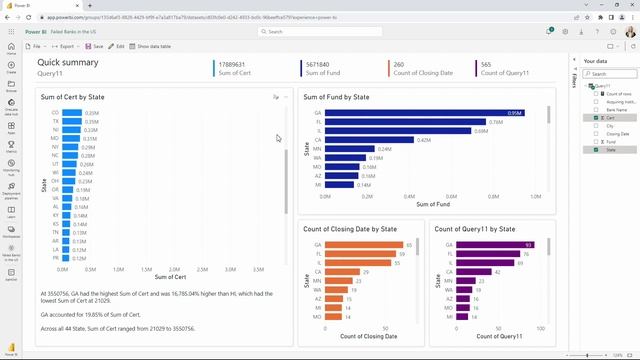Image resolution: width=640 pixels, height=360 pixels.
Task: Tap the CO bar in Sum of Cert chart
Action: pos(71,113)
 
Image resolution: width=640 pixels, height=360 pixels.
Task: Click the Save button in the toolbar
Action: pos(94,46)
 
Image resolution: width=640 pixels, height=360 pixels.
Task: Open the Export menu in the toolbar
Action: pos(66,46)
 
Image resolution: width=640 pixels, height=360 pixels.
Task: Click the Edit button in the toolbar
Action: pos(117,46)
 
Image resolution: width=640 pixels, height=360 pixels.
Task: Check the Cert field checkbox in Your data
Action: pos(596,118)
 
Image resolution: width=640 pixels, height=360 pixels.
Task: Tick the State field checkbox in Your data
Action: pos(596,149)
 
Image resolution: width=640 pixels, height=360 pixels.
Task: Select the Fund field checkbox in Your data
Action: pos(596,141)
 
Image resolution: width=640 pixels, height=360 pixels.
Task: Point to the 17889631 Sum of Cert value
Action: pos(233,64)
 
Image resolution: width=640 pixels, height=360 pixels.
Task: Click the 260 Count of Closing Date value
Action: pos(399,64)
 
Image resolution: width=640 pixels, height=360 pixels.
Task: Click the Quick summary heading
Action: pos(68,62)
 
